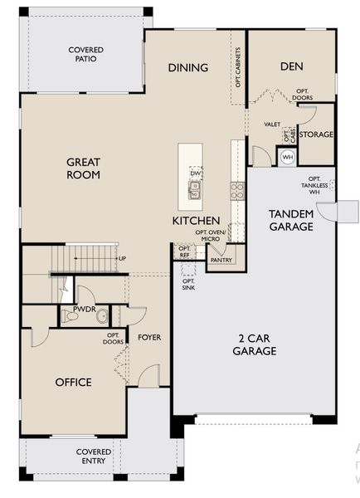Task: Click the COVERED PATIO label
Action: pos(85,55)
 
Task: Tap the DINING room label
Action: pos(187,67)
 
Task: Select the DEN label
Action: pos(289,66)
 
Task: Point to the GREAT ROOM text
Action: pos(85,168)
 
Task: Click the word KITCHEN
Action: pos(196,221)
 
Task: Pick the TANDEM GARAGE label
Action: pos(290,220)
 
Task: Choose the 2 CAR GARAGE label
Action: pos(255,344)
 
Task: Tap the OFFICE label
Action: pos(73,382)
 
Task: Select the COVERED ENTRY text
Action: pos(95,456)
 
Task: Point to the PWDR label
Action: pos(85,308)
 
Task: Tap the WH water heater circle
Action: pos(288,157)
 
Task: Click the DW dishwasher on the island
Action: pos(196,173)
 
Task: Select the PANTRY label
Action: pos(221,260)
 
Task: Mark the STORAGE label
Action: pos(316,134)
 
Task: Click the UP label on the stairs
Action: pos(123,258)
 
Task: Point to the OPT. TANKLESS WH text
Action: pos(314,185)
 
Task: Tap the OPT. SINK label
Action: pos(188,284)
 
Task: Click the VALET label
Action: pos(272,124)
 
